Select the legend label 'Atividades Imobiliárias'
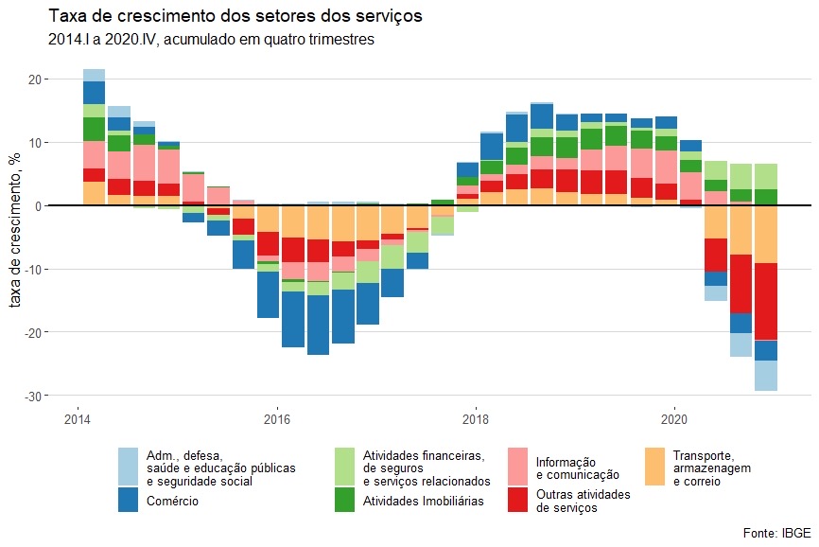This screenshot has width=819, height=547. pyautogui.click(x=424, y=501)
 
